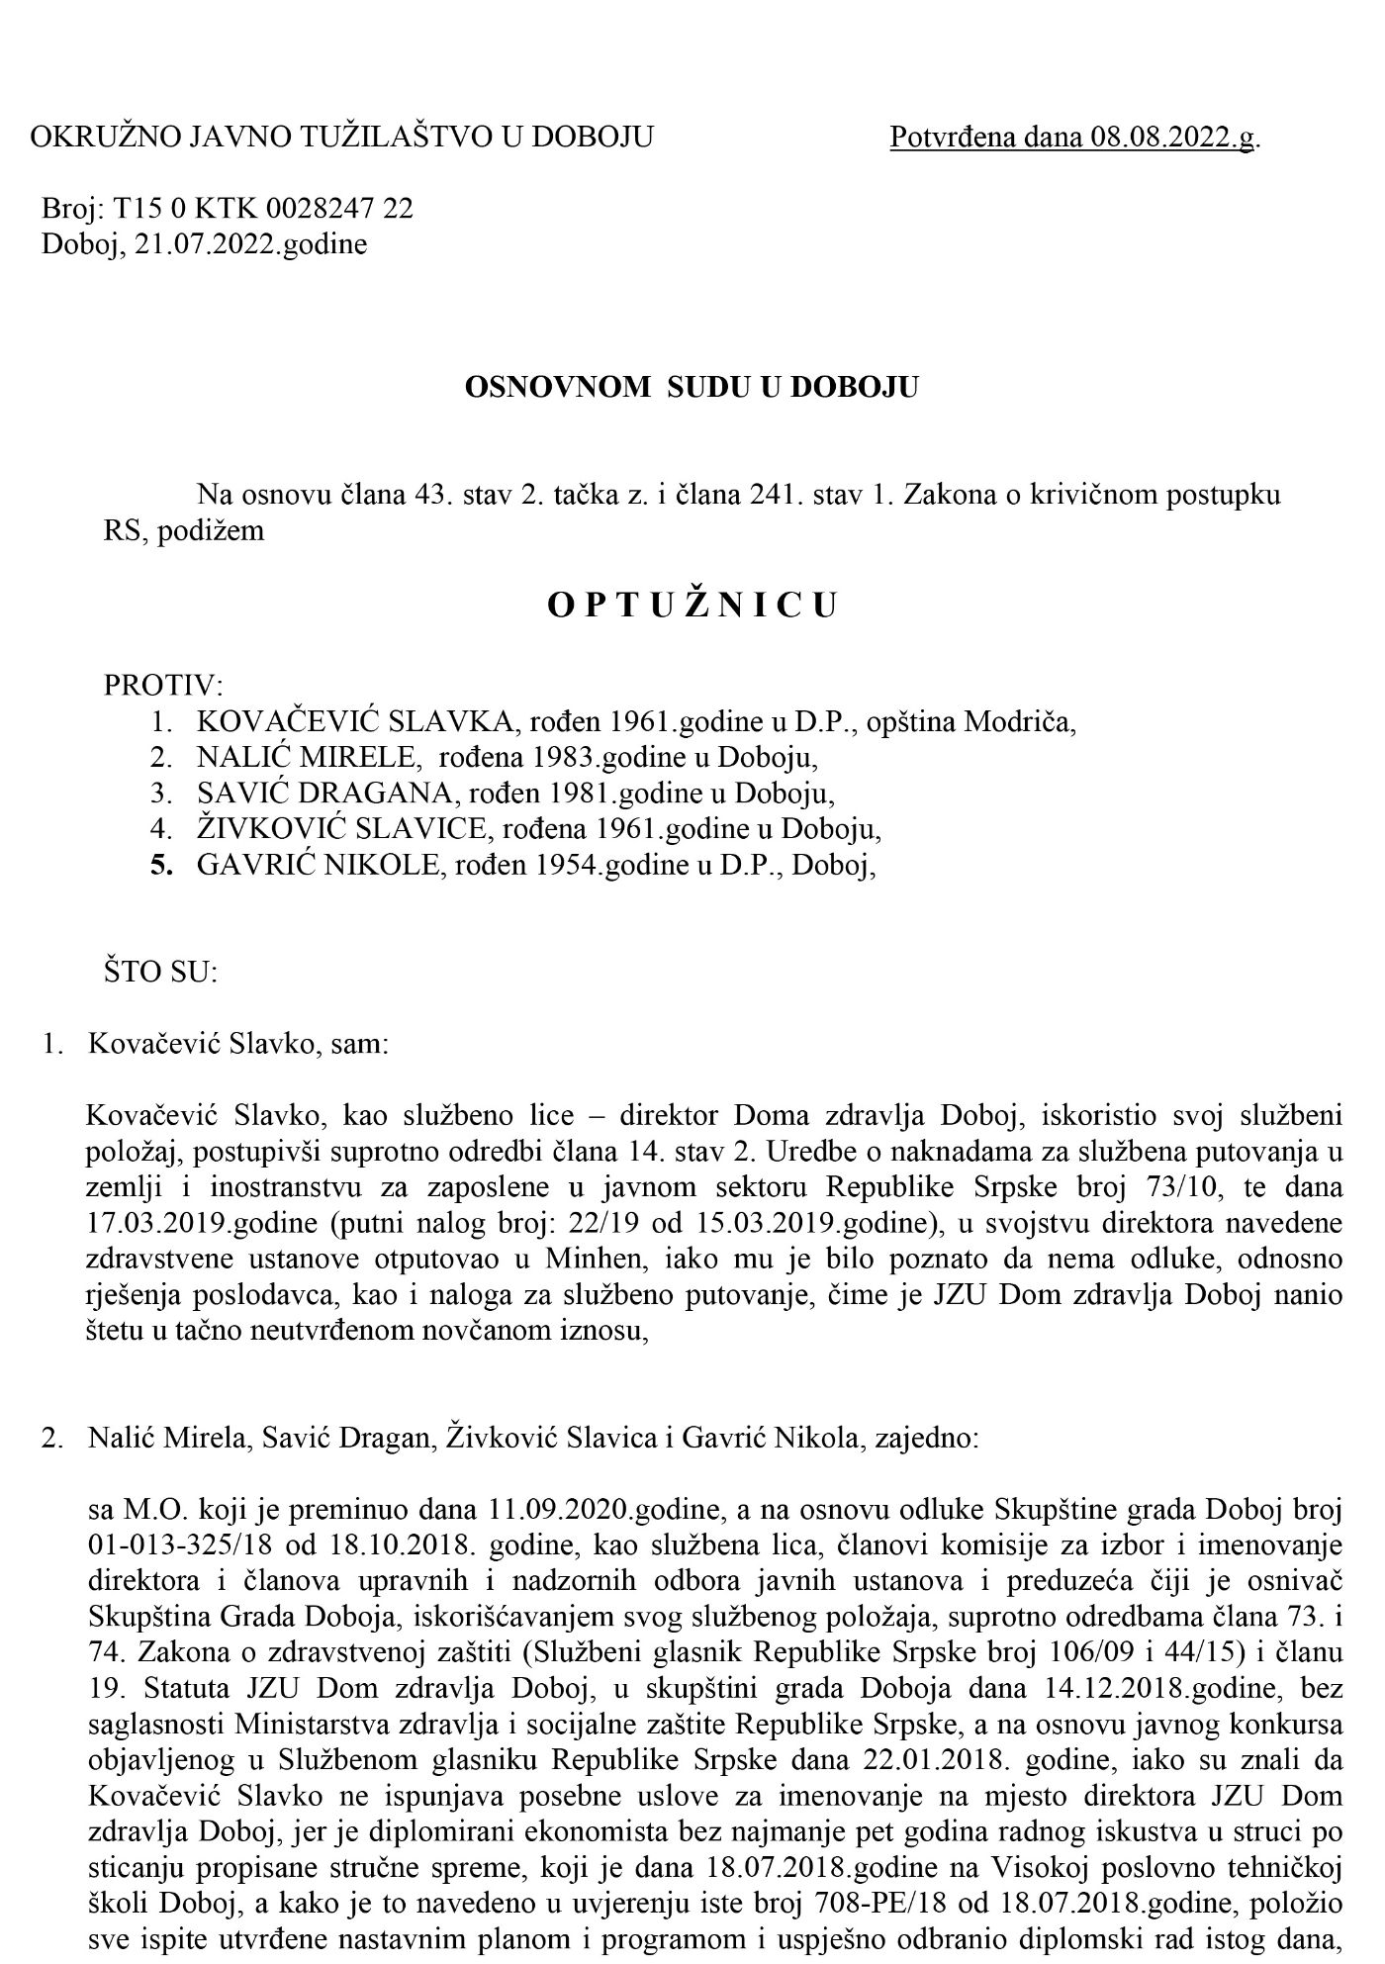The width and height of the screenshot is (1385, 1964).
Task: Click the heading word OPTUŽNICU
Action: (692, 606)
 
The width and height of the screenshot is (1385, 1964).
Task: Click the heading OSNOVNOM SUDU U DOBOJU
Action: (692, 386)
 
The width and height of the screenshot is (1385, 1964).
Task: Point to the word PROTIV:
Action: (164, 686)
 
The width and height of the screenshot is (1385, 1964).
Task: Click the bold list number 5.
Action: (161, 866)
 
